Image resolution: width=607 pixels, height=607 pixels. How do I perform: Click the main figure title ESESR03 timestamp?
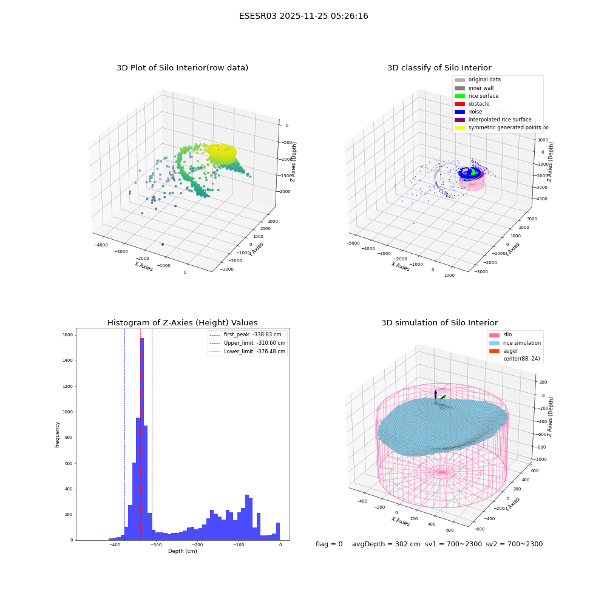303,16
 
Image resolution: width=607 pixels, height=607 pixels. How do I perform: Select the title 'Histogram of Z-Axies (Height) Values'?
182,322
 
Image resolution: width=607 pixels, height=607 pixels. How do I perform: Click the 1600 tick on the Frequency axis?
68,335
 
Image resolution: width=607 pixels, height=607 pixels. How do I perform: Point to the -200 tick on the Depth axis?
197,544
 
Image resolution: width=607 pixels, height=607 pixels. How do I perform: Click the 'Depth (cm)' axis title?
182,551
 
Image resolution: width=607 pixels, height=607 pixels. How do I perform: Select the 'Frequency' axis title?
57,435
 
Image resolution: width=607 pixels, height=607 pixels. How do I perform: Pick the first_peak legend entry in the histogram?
245,334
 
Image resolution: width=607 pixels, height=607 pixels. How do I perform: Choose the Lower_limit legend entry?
248,351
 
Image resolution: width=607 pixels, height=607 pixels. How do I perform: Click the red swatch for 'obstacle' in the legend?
459,104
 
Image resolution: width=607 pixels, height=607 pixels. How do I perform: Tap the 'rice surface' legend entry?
476,96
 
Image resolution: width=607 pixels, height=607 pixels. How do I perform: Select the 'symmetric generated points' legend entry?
498,127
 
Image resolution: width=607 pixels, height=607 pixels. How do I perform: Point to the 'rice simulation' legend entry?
515,343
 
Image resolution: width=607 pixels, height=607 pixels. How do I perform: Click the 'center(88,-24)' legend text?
521,359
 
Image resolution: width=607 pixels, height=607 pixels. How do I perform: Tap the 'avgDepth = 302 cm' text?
386,544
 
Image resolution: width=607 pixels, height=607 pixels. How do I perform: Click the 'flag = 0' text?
329,544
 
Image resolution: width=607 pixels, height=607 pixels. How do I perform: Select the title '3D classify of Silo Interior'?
439,68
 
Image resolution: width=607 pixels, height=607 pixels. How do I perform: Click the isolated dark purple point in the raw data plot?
163,244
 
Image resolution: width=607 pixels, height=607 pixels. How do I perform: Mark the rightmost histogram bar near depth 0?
278,532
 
